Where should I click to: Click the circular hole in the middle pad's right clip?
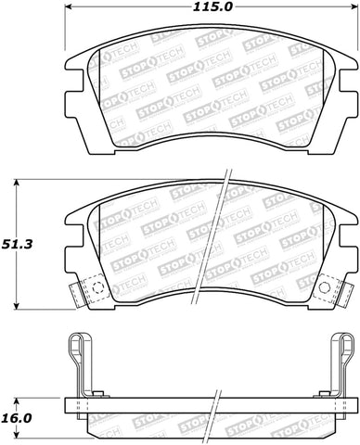[x=324, y=288]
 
